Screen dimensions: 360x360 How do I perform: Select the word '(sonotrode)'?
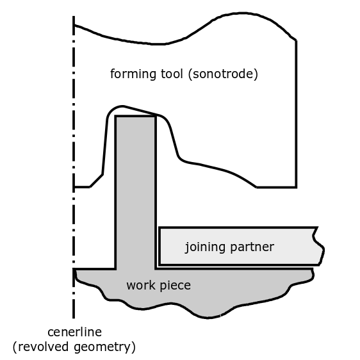click(x=223, y=74)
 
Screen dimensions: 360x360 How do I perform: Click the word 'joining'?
click(x=205, y=247)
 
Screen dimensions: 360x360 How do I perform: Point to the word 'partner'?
click(x=252, y=247)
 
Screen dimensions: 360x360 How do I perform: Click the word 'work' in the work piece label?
click(x=141, y=286)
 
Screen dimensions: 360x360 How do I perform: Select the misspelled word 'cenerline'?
click(x=74, y=332)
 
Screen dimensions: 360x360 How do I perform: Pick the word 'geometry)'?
click(x=104, y=347)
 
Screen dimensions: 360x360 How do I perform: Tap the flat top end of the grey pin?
click(x=136, y=116)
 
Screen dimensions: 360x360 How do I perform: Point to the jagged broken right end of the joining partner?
click(x=318, y=246)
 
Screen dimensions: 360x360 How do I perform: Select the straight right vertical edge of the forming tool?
click(x=296, y=114)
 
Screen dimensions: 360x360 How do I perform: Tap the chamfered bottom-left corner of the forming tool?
click(x=96, y=181)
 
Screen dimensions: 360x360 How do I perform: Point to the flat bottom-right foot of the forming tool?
click(x=277, y=187)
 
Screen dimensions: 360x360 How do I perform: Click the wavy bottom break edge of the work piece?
click(x=193, y=306)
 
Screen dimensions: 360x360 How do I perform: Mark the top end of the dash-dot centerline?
click(x=74, y=16)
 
